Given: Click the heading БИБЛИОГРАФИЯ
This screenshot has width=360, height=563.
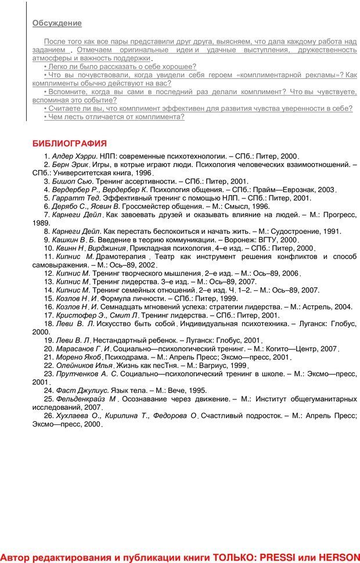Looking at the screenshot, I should pyautogui.click(x=69, y=143).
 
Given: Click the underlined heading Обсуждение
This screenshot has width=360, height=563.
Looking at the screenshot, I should pyautogui.click(x=57, y=23).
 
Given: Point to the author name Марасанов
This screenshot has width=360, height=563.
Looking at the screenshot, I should pyautogui.click(x=75, y=348).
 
